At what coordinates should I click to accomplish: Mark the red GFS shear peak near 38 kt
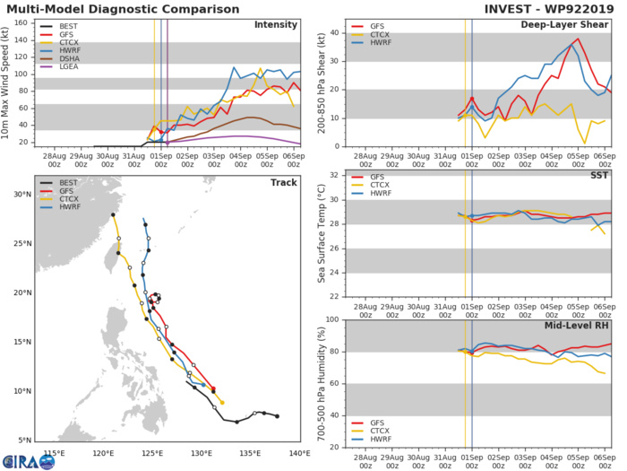578,39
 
